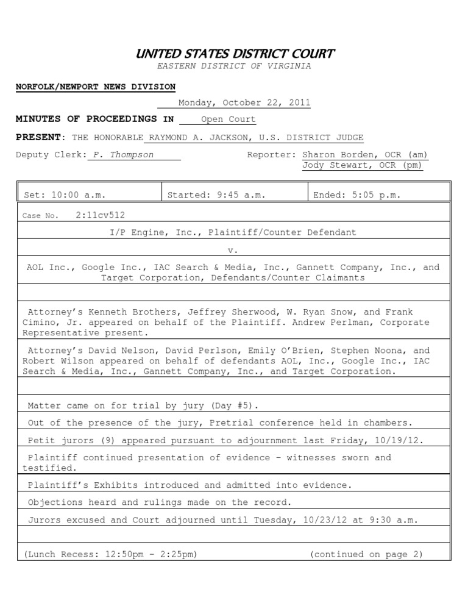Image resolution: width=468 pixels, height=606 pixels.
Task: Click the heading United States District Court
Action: click(x=235, y=54)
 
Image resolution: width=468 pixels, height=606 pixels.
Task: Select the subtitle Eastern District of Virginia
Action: click(x=235, y=66)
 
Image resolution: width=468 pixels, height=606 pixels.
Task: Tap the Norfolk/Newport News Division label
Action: click(x=96, y=87)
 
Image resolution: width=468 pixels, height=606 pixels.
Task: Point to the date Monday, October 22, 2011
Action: click(x=244, y=103)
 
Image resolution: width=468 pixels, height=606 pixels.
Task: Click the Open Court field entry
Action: click(x=228, y=119)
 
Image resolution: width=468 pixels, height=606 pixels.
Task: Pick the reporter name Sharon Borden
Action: click(x=338, y=155)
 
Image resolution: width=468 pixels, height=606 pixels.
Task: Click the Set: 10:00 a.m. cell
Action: click(x=65, y=195)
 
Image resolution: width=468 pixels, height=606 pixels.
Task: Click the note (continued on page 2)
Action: click(x=366, y=554)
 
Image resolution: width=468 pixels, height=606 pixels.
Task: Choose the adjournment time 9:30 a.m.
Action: click(x=385, y=520)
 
